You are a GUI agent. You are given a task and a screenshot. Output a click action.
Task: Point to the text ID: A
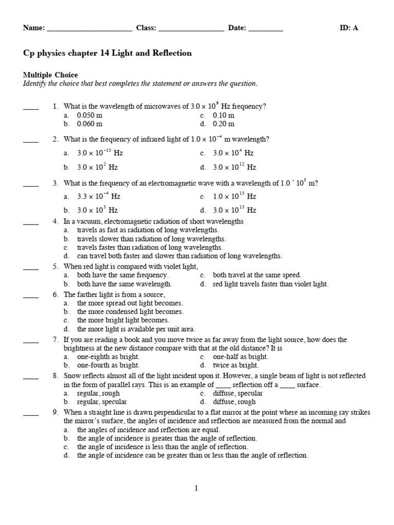coord(349,28)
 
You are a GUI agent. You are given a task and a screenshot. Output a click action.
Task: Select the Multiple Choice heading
coord(50,75)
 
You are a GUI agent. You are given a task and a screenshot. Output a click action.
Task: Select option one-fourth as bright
coord(108,366)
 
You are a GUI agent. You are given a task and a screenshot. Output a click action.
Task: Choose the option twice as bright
coord(236,366)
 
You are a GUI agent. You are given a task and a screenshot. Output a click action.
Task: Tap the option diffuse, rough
coord(238,402)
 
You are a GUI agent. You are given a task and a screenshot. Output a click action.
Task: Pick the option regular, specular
coord(102,402)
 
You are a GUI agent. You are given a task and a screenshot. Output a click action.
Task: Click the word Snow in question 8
coord(72,376)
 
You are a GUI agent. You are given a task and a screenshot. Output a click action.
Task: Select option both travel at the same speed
coord(257,275)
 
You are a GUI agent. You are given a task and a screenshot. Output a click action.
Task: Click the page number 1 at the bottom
coord(196,489)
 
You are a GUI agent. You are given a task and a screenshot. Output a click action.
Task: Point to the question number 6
coord(55,295)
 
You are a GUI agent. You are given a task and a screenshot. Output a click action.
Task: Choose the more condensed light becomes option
coord(130,311)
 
